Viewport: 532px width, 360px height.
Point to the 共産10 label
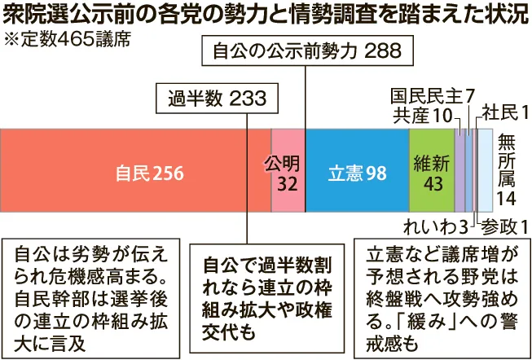tap(421, 115)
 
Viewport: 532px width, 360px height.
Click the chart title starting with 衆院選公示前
tap(266, 15)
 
